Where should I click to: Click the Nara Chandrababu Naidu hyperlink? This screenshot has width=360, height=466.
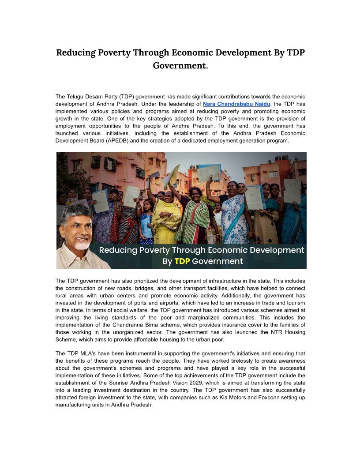236,104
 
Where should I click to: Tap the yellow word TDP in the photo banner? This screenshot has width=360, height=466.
182,261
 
